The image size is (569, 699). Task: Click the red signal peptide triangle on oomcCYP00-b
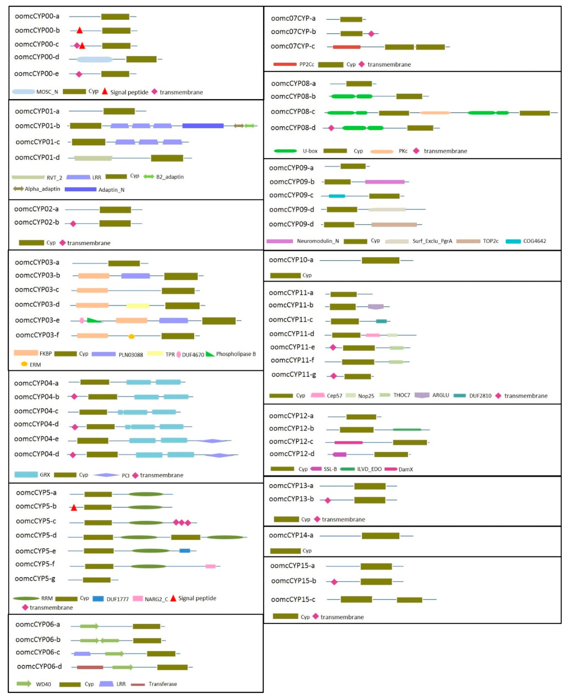[x=79, y=31]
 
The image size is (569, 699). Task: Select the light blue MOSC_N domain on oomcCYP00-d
[x=94, y=59]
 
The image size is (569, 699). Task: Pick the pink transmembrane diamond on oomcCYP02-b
[x=73, y=224]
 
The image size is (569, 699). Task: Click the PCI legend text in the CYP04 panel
[x=125, y=475]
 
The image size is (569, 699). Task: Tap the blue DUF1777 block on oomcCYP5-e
[x=185, y=551]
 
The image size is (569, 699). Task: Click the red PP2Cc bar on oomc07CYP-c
[x=346, y=47]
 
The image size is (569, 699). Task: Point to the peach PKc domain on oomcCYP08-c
[x=435, y=113]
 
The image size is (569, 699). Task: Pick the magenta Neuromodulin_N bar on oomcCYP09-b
[x=384, y=182]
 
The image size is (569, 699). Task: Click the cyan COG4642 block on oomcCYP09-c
[x=337, y=196]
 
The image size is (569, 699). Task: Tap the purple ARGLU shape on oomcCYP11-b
[x=376, y=307]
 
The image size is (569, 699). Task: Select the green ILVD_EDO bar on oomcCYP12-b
[x=407, y=429]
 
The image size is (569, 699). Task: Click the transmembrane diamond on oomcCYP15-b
[x=334, y=582]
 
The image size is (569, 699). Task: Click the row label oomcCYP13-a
[x=291, y=486]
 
